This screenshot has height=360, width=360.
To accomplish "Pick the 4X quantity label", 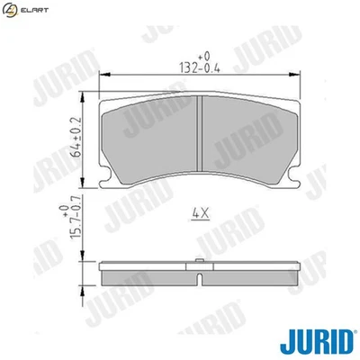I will click(x=199, y=214).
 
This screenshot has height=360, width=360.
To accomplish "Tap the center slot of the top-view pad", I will click(x=198, y=135).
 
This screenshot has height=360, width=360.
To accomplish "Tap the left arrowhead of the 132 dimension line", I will click(x=100, y=75).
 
